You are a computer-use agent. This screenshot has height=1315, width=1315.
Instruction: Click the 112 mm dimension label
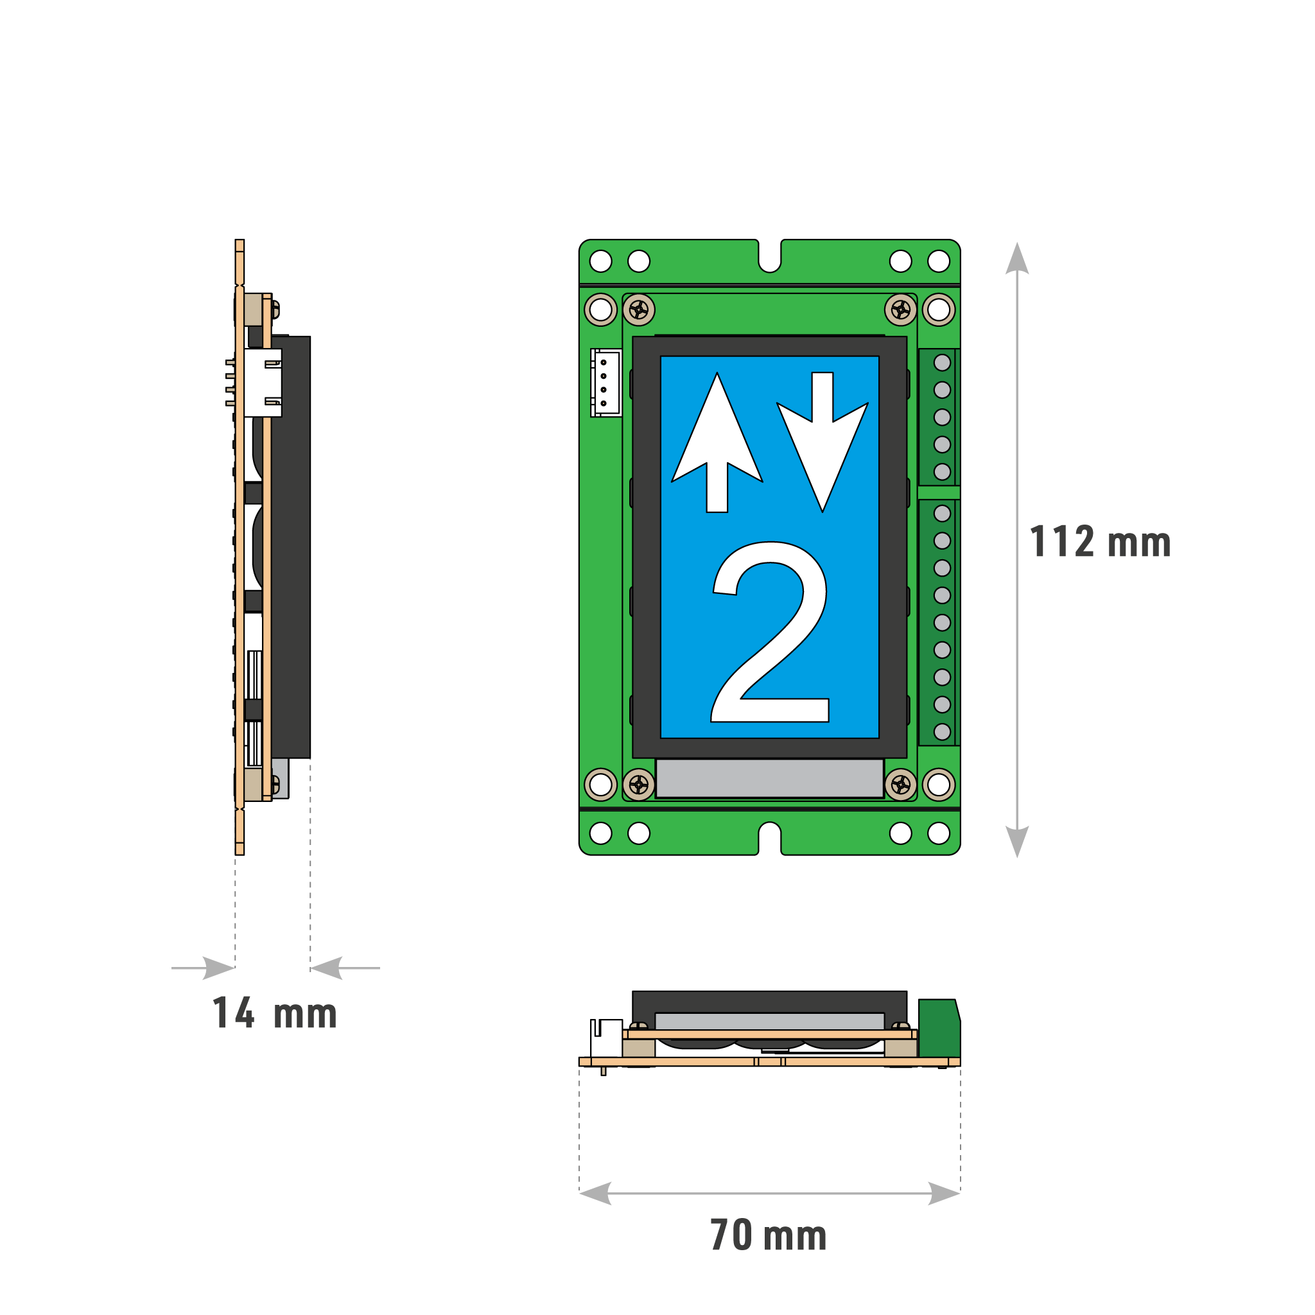pyautogui.click(x=1100, y=542)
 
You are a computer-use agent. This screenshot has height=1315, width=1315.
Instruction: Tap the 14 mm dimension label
pyautogui.click(x=274, y=1013)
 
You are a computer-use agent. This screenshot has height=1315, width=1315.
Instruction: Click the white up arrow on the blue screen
pyautogui.click(x=717, y=442)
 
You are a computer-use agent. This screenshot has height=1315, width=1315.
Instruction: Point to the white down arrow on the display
pyautogui.click(x=823, y=442)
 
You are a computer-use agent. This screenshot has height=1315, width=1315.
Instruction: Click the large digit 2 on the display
pyautogui.click(x=770, y=632)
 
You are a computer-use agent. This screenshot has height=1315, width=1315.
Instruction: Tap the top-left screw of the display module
pyautogui.click(x=638, y=310)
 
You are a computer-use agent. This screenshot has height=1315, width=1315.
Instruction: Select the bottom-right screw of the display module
pyautogui.click(x=900, y=785)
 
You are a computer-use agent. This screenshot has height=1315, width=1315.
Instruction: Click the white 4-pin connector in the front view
pyautogui.click(x=605, y=383)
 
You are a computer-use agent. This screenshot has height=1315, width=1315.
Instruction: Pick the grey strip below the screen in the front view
pyautogui.click(x=769, y=778)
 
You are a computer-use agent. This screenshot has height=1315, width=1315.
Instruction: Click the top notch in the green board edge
pyautogui.click(x=770, y=256)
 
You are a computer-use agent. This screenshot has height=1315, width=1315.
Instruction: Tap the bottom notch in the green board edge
pyautogui.click(x=770, y=838)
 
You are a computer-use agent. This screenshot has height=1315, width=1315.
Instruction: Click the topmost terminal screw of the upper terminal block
pyautogui.click(x=942, y=363)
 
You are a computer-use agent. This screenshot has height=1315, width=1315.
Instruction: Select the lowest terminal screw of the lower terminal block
pyautogui.click(x=942, y=732)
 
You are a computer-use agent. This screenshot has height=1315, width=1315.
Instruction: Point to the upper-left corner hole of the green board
pyautogui.click(x=600, y=261)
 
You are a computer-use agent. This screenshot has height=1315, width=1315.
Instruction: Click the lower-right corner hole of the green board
pyautogui.click(x=939, y=833)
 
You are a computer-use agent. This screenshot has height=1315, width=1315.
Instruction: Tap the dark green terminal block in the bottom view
pyautogui.click(x=939, y=1028)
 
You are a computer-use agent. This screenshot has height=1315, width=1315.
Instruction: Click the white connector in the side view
pyautogui.click(x=263, y=383)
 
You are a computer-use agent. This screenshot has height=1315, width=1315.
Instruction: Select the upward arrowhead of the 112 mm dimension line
pyautogui.click(x=1017, y=258)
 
